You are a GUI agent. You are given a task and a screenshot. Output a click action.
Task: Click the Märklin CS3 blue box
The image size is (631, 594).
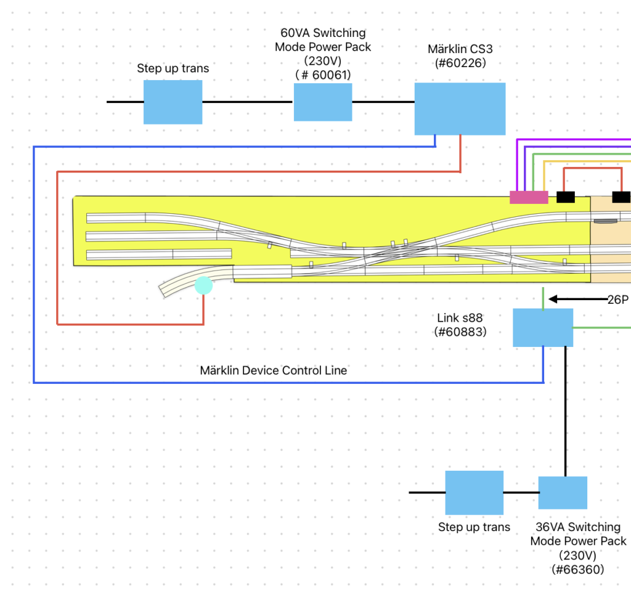(x=460, y=108)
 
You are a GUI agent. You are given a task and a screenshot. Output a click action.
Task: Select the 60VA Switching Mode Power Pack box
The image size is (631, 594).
(x=322, y=102)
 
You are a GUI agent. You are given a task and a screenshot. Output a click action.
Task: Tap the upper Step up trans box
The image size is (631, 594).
(x=173, y=102)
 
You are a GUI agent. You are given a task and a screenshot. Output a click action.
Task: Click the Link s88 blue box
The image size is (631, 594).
(x=543, y=327)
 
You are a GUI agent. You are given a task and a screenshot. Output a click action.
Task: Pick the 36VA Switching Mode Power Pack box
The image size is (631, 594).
(x=563, y=492)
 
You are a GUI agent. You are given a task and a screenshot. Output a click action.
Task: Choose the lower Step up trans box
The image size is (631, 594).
(x=474, y=492)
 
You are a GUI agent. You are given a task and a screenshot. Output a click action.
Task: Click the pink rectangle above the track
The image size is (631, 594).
(x=529, y=197)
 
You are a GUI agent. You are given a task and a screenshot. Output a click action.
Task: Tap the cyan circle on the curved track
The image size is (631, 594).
(x=203, y=285)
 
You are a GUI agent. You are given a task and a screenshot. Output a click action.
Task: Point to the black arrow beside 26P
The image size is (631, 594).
(x=577, y=299)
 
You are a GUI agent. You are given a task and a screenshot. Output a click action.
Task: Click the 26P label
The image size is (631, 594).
(x=617, y=300)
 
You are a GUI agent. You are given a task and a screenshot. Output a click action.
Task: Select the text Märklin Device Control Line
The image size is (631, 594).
(x=273, y=370)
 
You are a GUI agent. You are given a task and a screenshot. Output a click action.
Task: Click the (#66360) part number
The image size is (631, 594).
(x=577, y=569)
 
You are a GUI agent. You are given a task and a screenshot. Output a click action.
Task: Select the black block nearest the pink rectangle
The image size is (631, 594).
(x=566, y=197)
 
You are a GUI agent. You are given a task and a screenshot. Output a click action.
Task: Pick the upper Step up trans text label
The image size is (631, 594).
(x=173, y=68)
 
